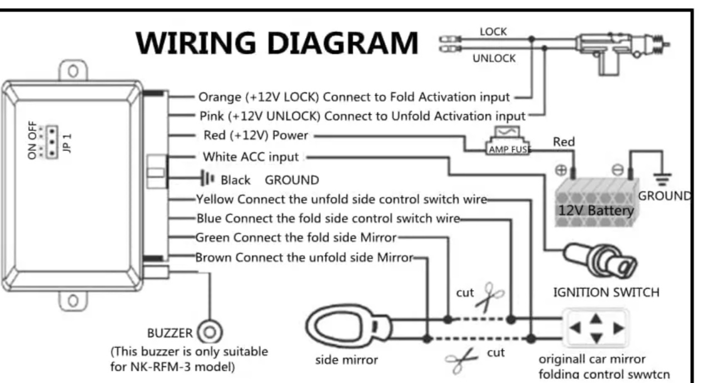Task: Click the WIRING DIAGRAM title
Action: [x=277, y=42]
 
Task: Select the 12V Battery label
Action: [x=595, y=210]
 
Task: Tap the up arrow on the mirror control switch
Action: [x=595, y=319]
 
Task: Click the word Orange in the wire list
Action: [x=220, y=97]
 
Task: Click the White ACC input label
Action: [x=250, y=157]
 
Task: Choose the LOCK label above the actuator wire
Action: [x=493, y=32]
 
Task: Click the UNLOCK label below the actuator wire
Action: [x=494, y=58]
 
